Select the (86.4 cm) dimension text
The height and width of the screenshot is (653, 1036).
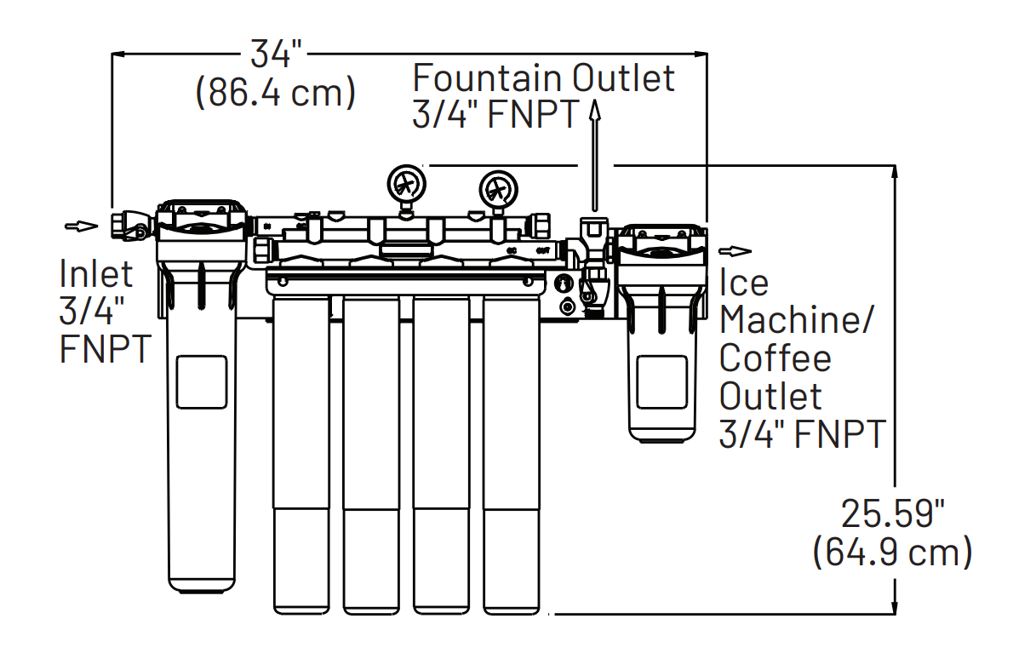point(276,92)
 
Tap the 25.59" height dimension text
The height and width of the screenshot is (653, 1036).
point(893,514)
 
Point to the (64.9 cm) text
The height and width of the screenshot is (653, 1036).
point(892,553)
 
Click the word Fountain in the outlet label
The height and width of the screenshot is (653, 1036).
point(488,78)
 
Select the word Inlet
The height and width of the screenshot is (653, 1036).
point(96,274)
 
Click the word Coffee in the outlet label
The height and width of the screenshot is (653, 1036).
point(775,358)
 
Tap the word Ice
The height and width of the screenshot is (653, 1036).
point(744,283)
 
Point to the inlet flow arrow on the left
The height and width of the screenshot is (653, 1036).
point(82,226)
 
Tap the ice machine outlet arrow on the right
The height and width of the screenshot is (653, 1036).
point(736,250)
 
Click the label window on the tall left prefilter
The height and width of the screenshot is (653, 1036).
point(201,382)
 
